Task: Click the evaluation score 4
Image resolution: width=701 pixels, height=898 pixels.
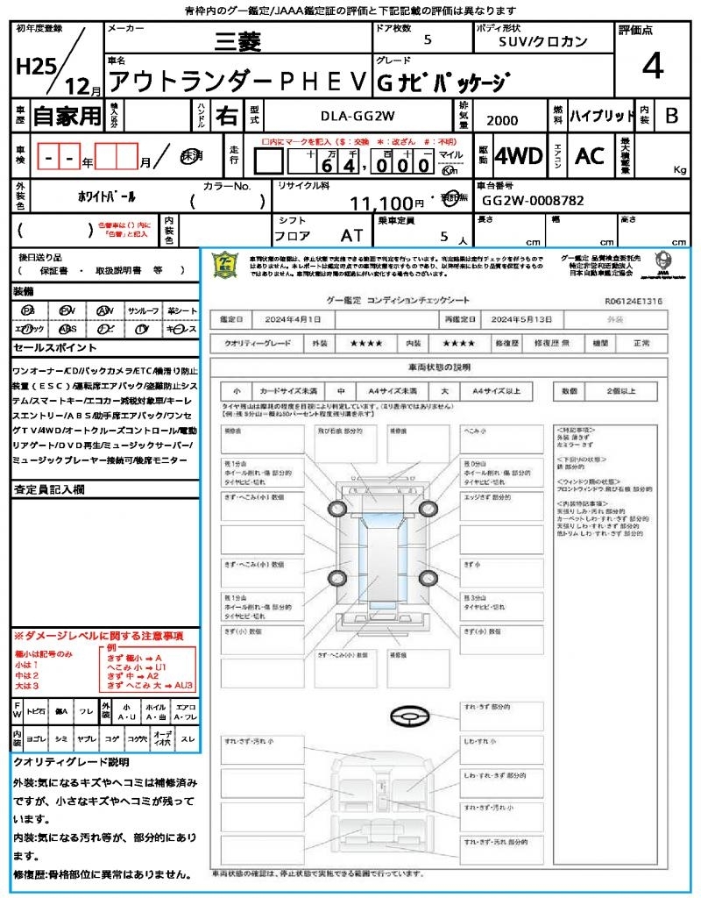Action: (x=651, y=66)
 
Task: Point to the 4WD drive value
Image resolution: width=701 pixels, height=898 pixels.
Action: (x=518, y=156)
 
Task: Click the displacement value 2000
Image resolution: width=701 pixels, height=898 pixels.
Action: (x=501, y=121)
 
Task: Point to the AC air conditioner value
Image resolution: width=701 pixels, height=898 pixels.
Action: (x=590, y=156)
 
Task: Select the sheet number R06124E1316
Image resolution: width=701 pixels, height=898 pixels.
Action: (x=633, y=301)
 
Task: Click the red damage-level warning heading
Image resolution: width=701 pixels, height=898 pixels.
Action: (x=98, y=635)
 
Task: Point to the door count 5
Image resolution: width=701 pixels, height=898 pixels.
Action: (x=427, y=40)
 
